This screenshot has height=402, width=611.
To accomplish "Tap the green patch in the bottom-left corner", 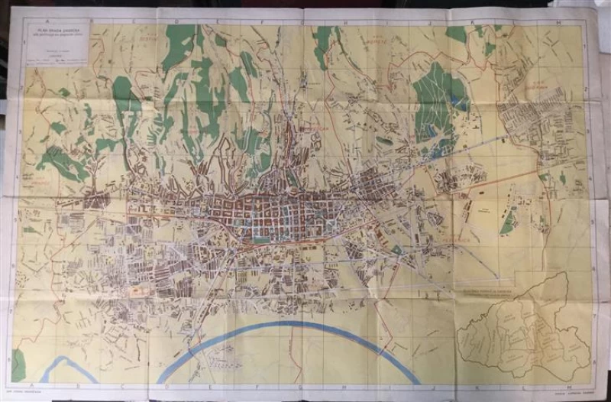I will tap(18, 365).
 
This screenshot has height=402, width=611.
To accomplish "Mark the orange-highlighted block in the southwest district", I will tap(138, 290).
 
